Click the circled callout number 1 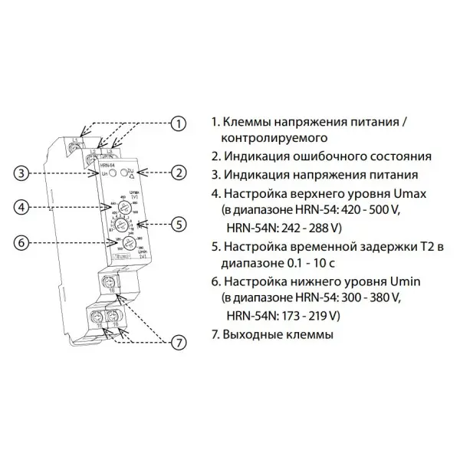178,123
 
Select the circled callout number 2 179,173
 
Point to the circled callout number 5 179,224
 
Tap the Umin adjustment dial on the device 121,245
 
